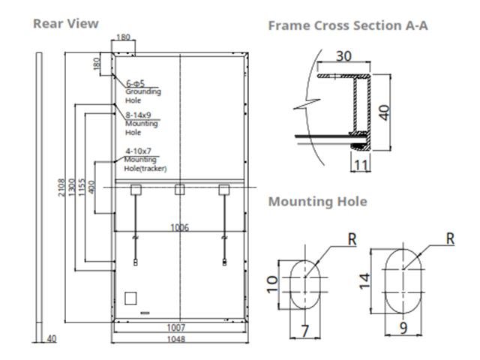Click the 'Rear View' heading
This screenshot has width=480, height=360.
click(65, 23)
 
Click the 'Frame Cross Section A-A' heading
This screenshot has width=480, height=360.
click(348, 25)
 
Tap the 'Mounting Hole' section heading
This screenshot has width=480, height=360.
click(317, 201)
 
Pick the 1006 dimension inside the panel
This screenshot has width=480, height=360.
click(179, 228)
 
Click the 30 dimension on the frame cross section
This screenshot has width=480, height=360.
click(343, 56)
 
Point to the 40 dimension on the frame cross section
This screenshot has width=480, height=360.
click(385, 112)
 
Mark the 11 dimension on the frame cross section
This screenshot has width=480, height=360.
click(361, 165)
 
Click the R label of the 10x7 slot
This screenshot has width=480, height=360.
click(353, 239)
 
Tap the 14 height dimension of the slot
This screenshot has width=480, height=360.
click(365, 281)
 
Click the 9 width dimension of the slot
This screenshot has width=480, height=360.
click(403, 327)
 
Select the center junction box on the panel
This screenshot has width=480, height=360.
click(179, 190)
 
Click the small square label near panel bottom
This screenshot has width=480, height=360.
click(130, 298)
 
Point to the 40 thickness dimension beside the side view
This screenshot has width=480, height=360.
click(51, 339)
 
